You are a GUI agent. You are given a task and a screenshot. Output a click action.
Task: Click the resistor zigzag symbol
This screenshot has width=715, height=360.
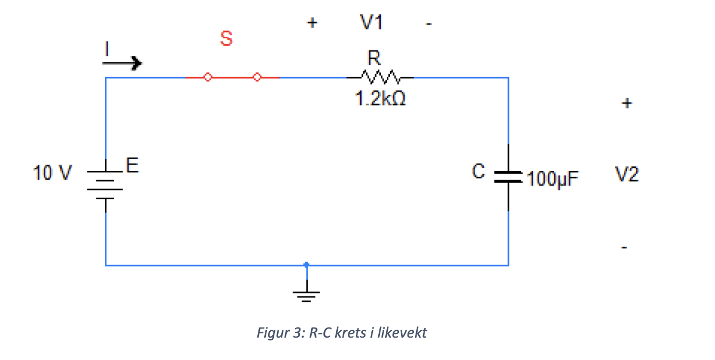[379, 77]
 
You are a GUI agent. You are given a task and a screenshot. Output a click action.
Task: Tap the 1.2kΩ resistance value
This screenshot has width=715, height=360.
[380, 100]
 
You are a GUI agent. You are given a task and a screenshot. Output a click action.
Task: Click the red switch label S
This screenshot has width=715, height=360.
[226, 39]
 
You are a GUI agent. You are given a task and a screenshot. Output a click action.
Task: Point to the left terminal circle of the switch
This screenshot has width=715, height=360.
[208, 78]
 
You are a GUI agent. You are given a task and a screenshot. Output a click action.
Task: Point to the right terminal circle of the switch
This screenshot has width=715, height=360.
[257, 78]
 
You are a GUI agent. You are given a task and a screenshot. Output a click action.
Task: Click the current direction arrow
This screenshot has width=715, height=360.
[123, 64]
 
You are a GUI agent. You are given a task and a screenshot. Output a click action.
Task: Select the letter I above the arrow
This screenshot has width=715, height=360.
[107, 49]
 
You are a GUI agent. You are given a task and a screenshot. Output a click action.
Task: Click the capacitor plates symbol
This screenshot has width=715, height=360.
[508, 177]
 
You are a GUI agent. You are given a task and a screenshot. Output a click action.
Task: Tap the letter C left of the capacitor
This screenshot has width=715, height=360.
[478, 171]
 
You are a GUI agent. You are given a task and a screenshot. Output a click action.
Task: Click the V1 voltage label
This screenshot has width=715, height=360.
[371, 23]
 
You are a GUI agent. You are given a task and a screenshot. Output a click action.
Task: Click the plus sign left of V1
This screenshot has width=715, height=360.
[312, 23]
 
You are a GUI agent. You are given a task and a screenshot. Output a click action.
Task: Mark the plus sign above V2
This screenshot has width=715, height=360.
[627, 103]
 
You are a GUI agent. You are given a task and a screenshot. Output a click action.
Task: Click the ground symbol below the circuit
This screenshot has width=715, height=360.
[306, 294]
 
